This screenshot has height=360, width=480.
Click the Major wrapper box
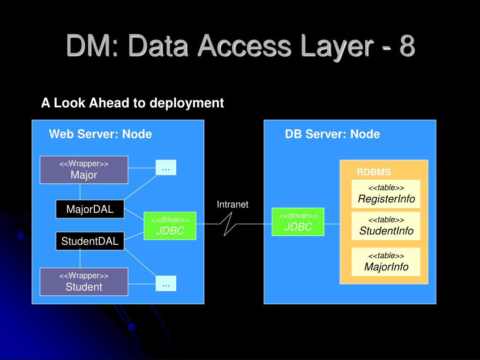(x=84, y=170)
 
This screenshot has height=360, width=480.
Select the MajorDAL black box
(x=90, y=209)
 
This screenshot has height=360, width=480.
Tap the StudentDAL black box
(x=90, y=241)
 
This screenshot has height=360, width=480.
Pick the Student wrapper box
(x=84, y=282)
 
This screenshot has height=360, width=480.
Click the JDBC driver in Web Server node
(x=170, y=225)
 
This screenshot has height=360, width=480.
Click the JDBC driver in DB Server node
(x=298, y=222)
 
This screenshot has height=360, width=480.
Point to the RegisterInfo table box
(x=386, y=194)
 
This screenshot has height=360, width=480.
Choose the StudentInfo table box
(x=386, y=225)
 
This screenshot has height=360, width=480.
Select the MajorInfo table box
(x=386, y=262)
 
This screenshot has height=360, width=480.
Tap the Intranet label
(x=232, y=204)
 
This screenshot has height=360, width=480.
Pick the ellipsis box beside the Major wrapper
(x=166, y=168)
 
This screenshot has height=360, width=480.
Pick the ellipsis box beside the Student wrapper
(x=166, y=284)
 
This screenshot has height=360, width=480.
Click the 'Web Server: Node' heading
(x=100, y=134)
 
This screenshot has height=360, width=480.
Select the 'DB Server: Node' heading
(x=332, y=134)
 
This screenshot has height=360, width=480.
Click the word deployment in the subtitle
(x=187, y=103)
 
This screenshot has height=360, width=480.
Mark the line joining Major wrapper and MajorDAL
(x=80, y=192)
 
